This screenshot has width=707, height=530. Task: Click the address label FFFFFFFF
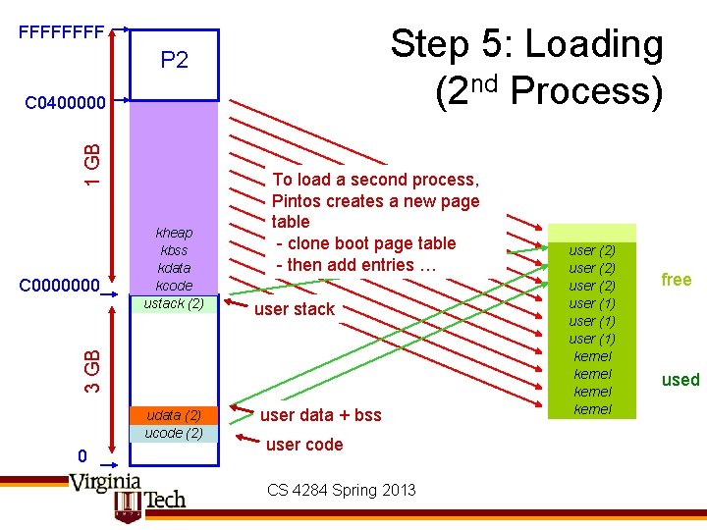[62, 32]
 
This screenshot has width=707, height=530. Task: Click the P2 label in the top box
[174, 61]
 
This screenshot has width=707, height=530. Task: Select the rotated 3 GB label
[91, 363]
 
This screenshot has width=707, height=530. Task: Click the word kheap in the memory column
[174, 233]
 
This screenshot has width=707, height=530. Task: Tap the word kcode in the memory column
[174, 285]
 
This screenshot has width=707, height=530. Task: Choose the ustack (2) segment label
[174, 302]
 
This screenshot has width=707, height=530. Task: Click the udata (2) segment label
[174, 415]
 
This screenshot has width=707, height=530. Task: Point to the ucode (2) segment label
[174, 433]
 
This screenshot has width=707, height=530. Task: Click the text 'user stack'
[295, 309]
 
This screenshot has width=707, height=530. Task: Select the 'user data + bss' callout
[320, 415]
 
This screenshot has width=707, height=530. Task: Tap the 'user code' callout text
[304, 445]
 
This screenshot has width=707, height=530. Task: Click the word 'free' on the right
[677, 280]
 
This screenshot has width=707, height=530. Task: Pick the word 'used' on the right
[680, 380]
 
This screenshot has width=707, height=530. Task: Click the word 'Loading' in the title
[595, 45]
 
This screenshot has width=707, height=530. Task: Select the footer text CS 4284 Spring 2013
[342, 490]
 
